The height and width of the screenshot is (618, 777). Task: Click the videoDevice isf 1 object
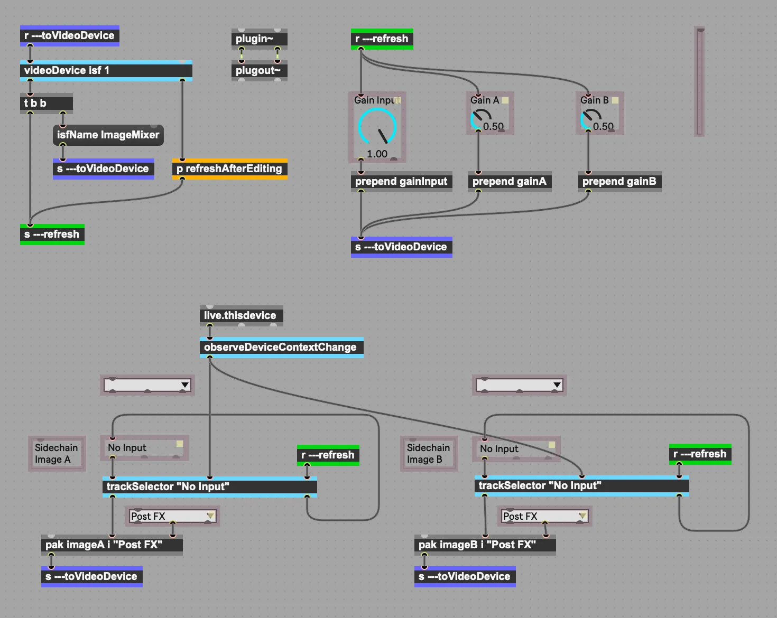tap(106, 71)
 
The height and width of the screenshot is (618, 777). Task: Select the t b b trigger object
tap(46, 104)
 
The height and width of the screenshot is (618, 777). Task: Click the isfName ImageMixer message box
tap(108, 135)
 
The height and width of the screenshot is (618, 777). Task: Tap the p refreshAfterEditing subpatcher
tap(229, 169)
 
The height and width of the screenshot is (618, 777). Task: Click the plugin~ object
tap(259, 39)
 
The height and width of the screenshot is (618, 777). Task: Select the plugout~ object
tap(259, 71)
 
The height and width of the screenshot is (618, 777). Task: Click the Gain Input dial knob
tap(377, 127)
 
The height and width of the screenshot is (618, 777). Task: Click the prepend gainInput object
tap(401, 182)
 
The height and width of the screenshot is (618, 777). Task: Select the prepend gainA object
tap(510, 182)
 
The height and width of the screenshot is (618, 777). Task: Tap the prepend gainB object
tap(619, 182)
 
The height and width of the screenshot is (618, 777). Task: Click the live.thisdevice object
tap(241, 316)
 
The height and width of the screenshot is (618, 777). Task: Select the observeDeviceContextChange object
tap(281, 348)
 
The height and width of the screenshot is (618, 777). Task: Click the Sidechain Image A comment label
tap(57, 454)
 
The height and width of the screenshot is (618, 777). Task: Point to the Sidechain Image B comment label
tap(429, 454)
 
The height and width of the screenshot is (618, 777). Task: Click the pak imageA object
tap(112, 545)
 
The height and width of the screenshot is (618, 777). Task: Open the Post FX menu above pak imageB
tap(544, 516)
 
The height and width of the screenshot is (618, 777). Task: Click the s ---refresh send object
tap(52, 235)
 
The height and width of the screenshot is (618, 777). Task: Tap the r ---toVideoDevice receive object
tap(69, 36)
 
